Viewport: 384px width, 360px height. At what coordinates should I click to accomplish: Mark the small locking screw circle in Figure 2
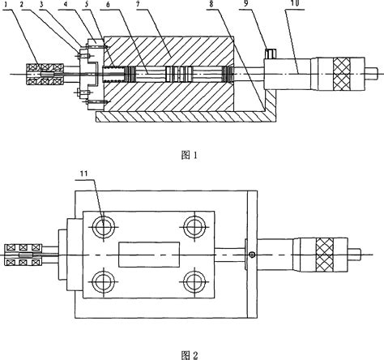pyautogui.click(x=252, y=256)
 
